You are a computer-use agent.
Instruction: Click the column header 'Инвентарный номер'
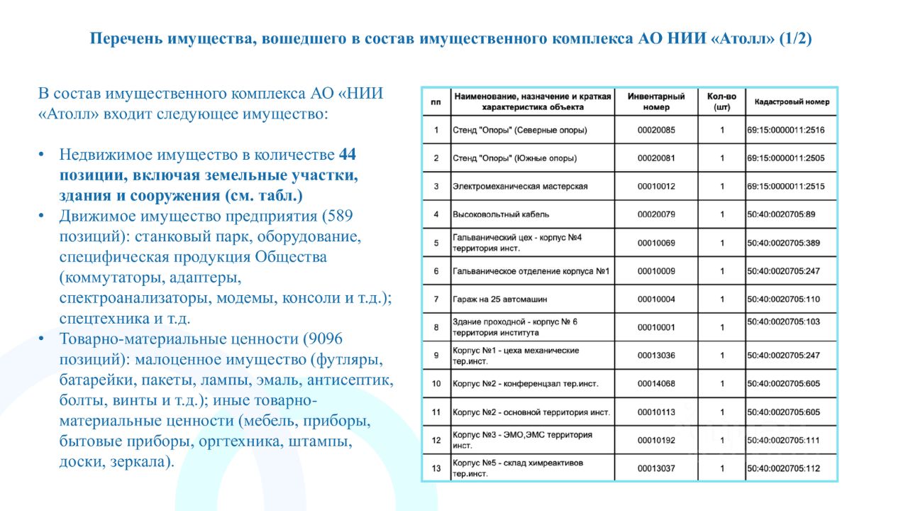coord(656,101)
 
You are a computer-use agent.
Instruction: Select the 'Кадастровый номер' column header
coord(792,101)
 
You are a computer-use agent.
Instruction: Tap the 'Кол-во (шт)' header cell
coord(721,101)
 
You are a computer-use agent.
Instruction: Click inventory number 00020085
coord(656,130)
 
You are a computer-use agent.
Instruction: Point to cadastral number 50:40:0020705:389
coord(783,243)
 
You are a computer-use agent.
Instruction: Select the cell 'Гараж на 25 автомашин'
coord(499,300)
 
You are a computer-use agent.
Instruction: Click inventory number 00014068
coord(656,383)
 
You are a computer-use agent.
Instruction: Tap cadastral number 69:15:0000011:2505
coord(785,158)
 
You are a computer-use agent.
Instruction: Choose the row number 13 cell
coord(436,468)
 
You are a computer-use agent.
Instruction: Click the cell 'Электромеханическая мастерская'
coord(520,186)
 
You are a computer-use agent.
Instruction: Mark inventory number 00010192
coord(656,440)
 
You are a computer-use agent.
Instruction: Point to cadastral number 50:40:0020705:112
coord(783,468)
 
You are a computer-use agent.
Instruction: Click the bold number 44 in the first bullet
coord(348,155)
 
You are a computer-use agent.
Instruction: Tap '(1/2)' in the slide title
coord(795,38)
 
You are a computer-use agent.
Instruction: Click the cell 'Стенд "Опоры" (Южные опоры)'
coord(514,158)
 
